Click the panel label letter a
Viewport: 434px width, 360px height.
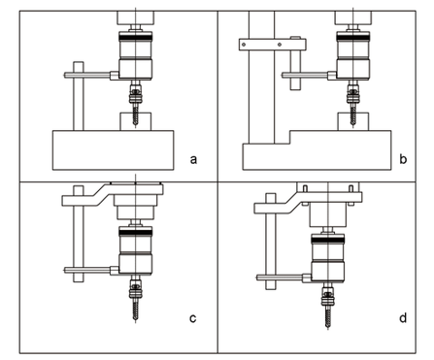pyautogui.click(x=193, y=159)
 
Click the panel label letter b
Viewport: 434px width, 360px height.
pyautogui.click(x=403, y=159)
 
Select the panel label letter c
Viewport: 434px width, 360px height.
pyautogui.click(x=192, y=318)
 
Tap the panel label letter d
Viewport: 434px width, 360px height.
pyautogui.click(x=403, y=318)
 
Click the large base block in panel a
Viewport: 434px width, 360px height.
pyautogui.click(x=114, y=150)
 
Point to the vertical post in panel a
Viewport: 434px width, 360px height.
pyautogui.click(x=79, y=96)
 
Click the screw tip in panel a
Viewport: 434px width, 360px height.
pyautogui.click(x=135, y=124)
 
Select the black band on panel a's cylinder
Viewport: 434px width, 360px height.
pyautogui.click(x=136, y=38)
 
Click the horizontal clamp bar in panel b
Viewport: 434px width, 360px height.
pyautogui.click(x=273, y=45)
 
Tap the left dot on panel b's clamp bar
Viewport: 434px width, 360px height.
pyautogui.click(x=244, y=45)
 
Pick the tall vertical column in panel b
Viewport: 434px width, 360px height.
pyautogui.click(x=261, y=77)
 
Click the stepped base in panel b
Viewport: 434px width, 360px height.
pyautogui.click(x=317, y=150)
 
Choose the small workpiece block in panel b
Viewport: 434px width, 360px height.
pyautogui.click(x=353, y=121)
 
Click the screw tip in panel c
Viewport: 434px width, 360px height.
pyautogui.click(x=135, y=319)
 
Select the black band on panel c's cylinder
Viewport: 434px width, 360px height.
pyautogui.click(x=136, y=232)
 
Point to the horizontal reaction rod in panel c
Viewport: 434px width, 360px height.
pyautogui.click(x=87, y=270)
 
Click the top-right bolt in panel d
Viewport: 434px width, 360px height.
pyautogui.click(x=351, y=188)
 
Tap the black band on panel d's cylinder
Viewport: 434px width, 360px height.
pyautogui.click(x=328, y=240)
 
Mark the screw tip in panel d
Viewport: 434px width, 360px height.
pyautogui.click(x=328, y=326)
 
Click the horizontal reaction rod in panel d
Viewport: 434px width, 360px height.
pyautogui.click(x=280, y=278)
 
